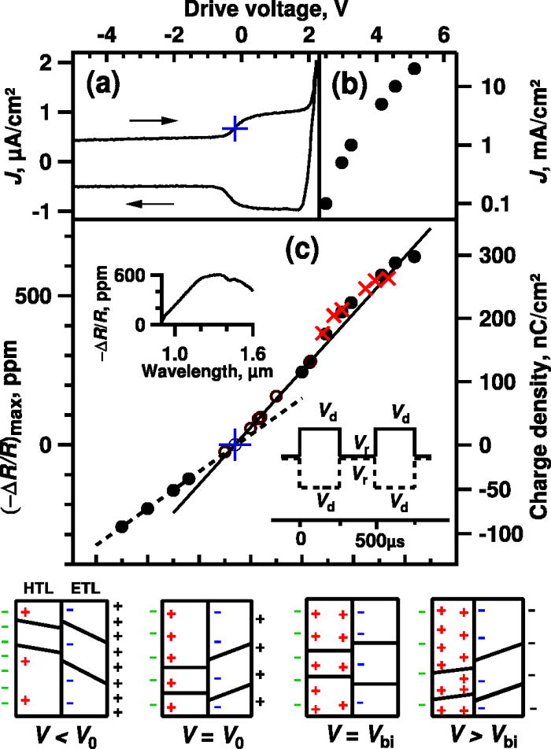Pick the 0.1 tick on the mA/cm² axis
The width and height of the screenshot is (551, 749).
[497, 204]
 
